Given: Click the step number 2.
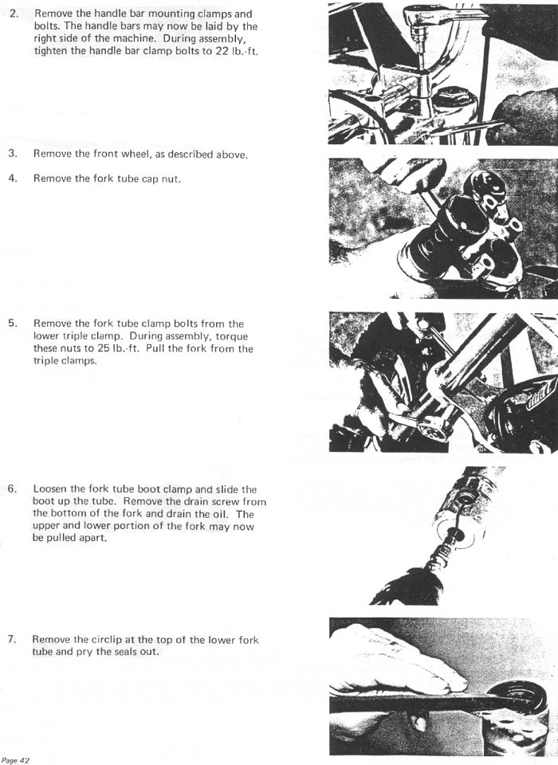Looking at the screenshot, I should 14,14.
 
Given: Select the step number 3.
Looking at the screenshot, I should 13,154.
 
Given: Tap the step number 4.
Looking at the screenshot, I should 13,178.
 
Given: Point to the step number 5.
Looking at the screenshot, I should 13,324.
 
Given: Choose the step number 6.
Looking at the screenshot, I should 13,488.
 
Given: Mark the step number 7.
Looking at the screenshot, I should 13,640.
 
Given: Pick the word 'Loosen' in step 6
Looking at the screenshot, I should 50,488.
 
